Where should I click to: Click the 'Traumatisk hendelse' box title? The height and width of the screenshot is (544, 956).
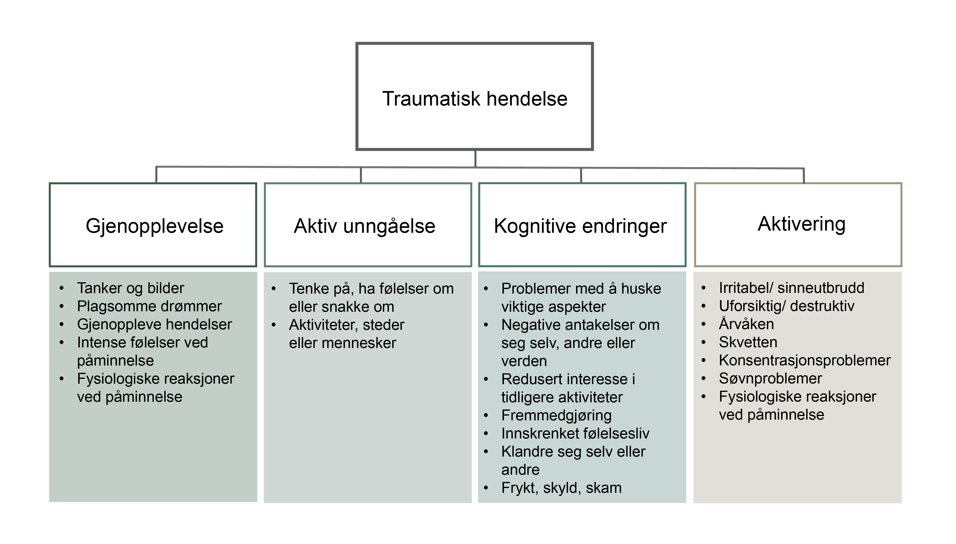475,99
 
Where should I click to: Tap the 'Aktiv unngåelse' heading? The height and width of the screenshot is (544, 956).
364,226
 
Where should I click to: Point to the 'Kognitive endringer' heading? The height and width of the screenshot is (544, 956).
580,226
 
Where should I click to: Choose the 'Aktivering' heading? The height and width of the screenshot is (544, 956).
801,224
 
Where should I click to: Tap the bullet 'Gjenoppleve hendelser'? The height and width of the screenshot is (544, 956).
154,324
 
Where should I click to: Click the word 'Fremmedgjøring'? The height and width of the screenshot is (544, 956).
556,416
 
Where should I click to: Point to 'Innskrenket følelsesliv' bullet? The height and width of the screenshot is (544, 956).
575,433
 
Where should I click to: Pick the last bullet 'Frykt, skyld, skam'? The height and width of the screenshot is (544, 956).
561,488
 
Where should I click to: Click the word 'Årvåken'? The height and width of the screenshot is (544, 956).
746,324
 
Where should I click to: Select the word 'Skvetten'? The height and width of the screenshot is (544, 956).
748,342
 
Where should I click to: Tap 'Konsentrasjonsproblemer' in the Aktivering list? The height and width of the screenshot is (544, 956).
805,360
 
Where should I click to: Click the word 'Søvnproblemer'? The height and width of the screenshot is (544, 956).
770,379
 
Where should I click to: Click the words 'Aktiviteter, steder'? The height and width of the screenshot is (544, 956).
346,325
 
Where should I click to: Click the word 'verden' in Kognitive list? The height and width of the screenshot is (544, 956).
524,361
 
